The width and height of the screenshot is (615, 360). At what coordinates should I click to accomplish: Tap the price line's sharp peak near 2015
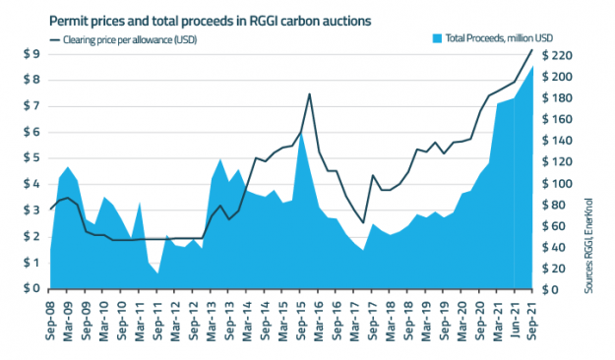(x=310, y=94)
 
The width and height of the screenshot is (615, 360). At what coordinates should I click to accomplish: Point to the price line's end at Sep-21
(x=532, y=50)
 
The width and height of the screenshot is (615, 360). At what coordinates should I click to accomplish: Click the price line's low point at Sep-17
(x=363, y=222)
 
